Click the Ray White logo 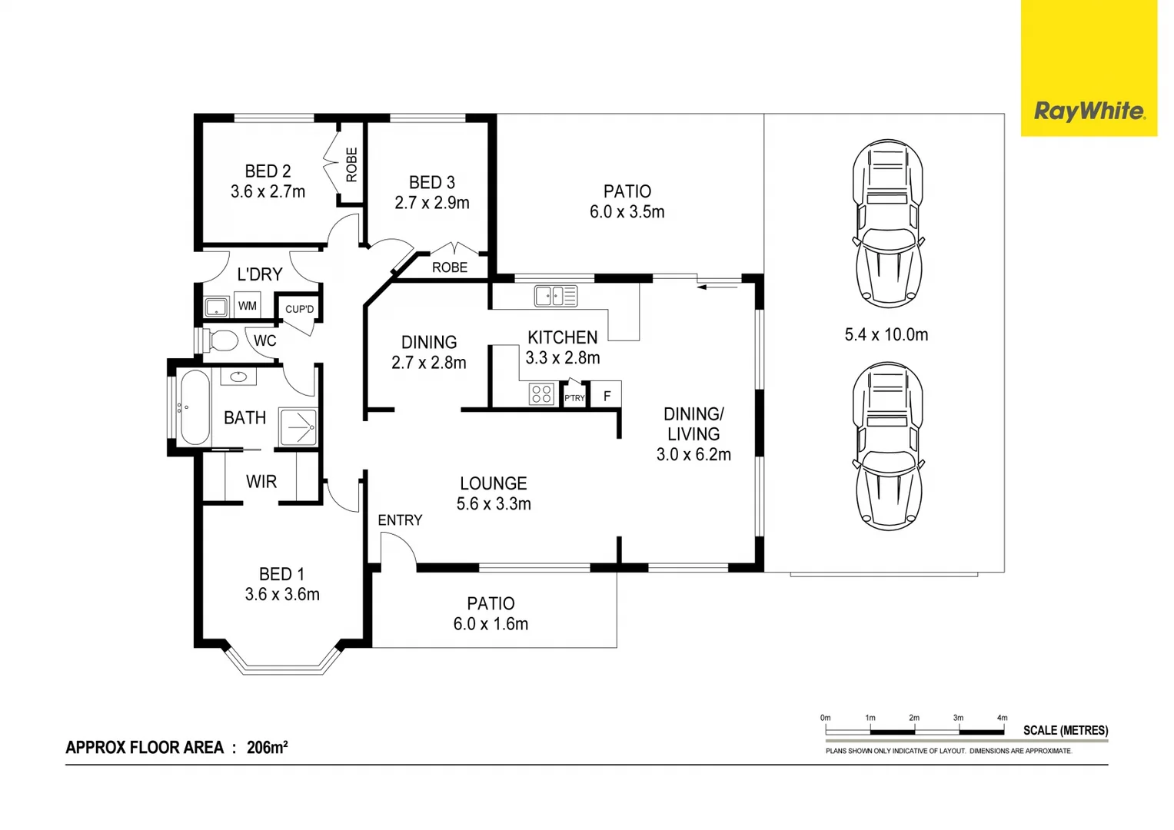pyautogui.click(x=1089, y=68)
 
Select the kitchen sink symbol pyautogui.click(x=556, y=296)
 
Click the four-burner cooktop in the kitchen pyautogui.click(x=541, y=393)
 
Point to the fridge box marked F pyautogui.click(x=607, y=394)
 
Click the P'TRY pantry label pyautogui.click(x=574, y=398)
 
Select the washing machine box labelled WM pyautogui.click(x=248, y=305)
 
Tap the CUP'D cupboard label pyautogui.click(x=299, y=309)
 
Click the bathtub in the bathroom pyautogui.click(x=195, y=407)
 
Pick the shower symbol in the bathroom pyautogui.click(x=298, y=427)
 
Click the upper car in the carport pyautogui.click(x=887, y=224)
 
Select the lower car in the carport pyautogui.click(x=887, y=447)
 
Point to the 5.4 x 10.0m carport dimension pyautogui.click(x=886, y=334)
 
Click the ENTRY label pyautogui.click(x=400, y=520)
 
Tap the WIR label pyautogui.click(x=261, y=482)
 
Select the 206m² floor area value pyautogui.click(x=268, y=747)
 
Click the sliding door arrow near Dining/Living pyautogui.click(x=717, y=287)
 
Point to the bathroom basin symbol pyautogui.click(x=238, y=377)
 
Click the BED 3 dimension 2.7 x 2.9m pyautogui.click(x=432, y=203)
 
